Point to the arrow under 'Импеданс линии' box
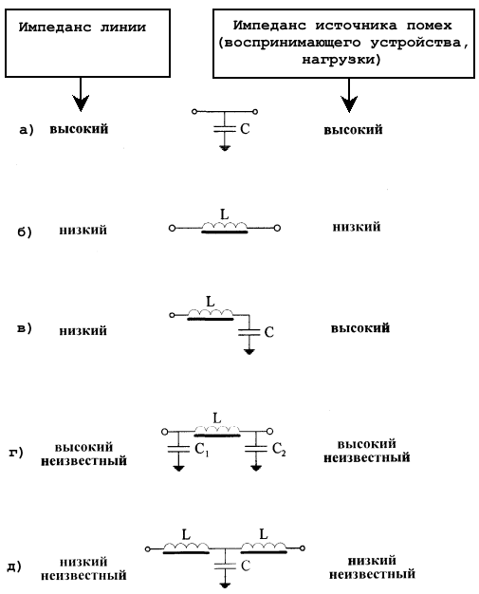point(81,95)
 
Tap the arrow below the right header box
point(349,96)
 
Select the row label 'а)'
point(27,130)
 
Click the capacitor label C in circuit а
point(245,129)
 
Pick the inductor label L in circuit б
point(225,214)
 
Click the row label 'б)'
point(25,232)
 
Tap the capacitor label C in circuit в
point(268,332)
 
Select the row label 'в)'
point(25,328)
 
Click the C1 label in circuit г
point(201,450)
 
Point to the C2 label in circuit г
point(279,449)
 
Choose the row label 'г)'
point(16,452)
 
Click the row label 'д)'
point(14,566)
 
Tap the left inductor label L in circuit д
point(186,535)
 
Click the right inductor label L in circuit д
point(264,534)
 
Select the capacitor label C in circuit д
point(246,566)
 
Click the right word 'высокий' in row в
point(360,328)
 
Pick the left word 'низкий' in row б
point(83,230)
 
